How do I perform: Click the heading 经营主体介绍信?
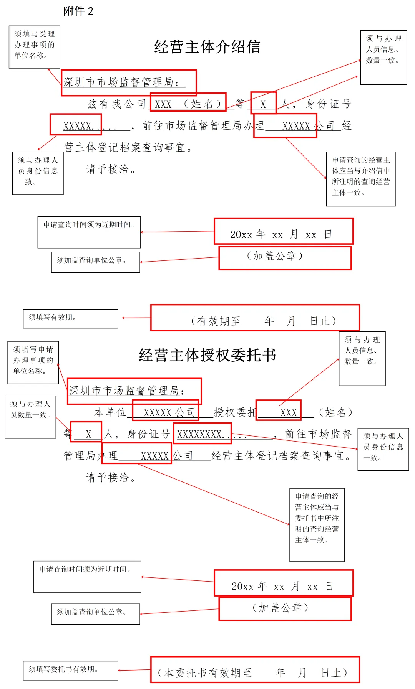pos(207,47)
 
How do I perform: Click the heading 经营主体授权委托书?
pos(207,355)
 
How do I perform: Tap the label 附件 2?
pos(78,11)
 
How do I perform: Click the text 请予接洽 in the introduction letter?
pos(111,169)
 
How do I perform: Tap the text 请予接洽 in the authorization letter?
pos(111,478)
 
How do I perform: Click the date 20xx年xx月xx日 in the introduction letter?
pos(281,234)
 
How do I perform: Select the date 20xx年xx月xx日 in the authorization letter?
pos(282,586)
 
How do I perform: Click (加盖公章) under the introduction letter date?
pos(275,256)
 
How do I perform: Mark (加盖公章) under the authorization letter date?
pos(281,608)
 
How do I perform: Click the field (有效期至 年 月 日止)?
pos(264,321)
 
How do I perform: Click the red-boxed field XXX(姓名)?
pos(188,104)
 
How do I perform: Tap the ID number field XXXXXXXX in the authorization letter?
pos(202,434)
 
